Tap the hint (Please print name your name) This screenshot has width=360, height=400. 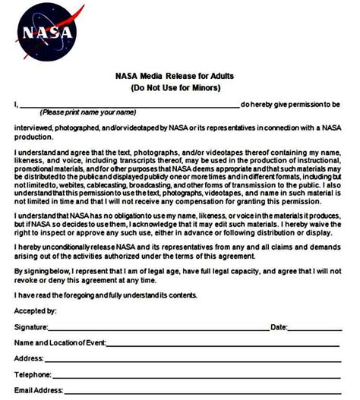[x=84, y=113]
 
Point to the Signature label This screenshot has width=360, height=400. [x=30, y=327]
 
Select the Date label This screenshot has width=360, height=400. [x=279, y=327]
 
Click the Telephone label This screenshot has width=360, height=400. [x=33, y=375]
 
